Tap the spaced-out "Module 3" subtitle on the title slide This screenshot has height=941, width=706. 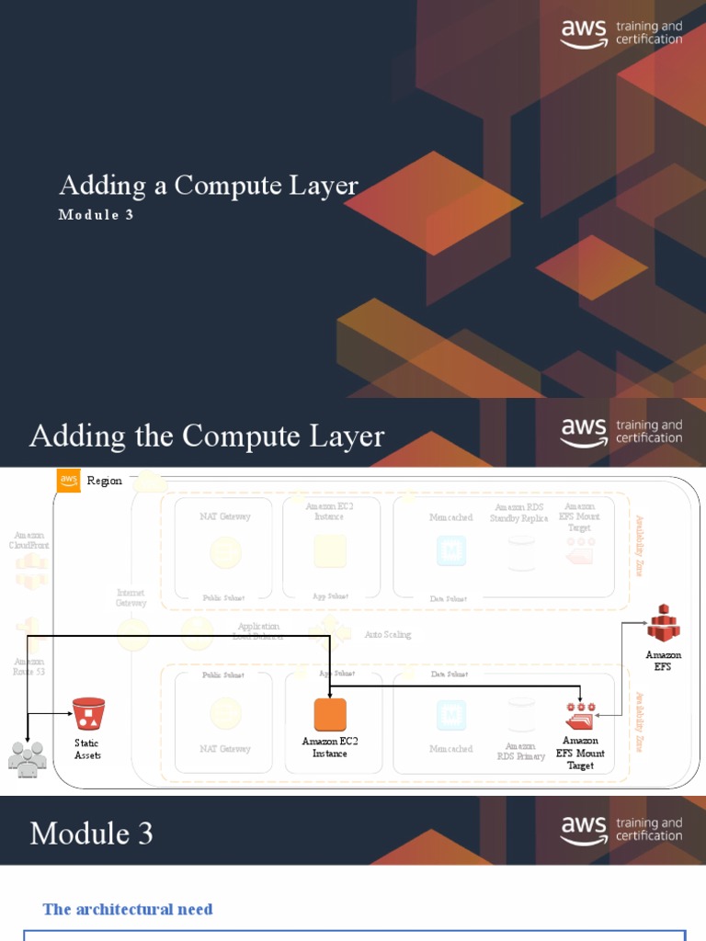[102, 215]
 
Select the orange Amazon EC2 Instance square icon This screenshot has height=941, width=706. [330, 715]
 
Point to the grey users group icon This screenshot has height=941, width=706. [27, 758]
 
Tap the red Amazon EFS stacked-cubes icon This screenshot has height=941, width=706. [663, 623]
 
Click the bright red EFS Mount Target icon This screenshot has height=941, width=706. [580, 717]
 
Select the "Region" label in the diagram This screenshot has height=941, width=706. [104, 481]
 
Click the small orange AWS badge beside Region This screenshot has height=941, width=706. [68, 481]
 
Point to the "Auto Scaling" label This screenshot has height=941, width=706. [388, 635]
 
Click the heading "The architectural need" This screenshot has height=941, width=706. [128, 909]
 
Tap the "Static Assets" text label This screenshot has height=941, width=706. [87, 749]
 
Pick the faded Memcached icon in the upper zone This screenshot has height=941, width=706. [450, 550]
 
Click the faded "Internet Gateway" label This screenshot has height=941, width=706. [131, 598]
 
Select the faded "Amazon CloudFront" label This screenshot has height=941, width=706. [28, 539]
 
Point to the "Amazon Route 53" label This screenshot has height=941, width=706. [28, 666]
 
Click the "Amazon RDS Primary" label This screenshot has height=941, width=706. [520, 752]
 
